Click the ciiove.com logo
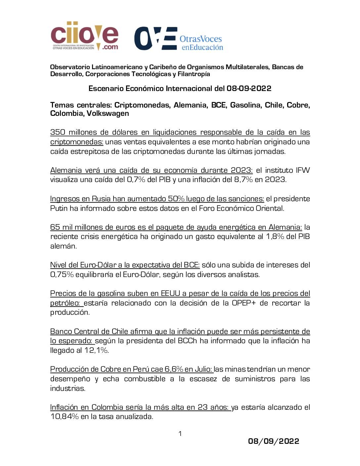coord(84,36)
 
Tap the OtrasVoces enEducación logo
coord(179,39)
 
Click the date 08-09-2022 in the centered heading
coord(249,88)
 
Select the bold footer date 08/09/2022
coord(274,441)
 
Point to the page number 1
coord(180,434)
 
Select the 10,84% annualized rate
coord(65,417)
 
